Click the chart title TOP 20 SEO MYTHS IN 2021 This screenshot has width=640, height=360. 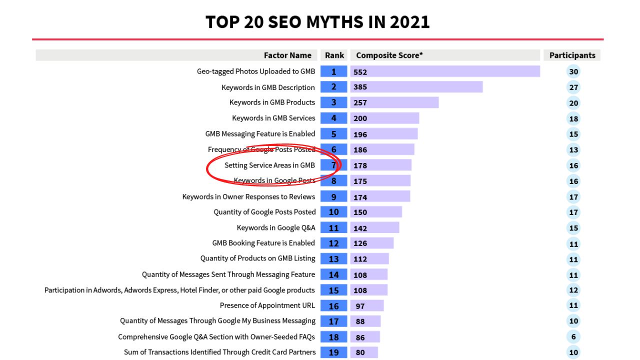(317, 22)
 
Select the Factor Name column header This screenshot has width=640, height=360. (287, 55)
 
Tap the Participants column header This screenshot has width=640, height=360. (572, 55)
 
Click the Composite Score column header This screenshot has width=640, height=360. (389, 55)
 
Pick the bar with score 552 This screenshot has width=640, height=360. (445, 71)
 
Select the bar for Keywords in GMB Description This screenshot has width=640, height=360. (416, 87)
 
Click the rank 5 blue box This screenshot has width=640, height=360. (333, 134)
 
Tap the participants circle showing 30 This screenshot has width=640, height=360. (573, 71)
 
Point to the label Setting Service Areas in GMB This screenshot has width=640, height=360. (269, 165)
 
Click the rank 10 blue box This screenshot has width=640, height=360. (333, 212)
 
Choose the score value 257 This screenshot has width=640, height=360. (360, 102)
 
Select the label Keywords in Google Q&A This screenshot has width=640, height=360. (276, 227)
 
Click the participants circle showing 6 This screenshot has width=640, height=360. (573, 337)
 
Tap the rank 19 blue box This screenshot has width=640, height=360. (333, 352)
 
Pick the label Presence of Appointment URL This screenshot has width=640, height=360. (267, 305)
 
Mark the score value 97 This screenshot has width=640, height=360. (360, 306)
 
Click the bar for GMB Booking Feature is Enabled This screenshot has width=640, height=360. (372, 243)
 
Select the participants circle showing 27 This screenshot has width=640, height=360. (573, 87)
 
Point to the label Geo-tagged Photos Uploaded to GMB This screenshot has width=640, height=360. (256, 71)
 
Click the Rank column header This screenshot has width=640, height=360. (334, 55)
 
